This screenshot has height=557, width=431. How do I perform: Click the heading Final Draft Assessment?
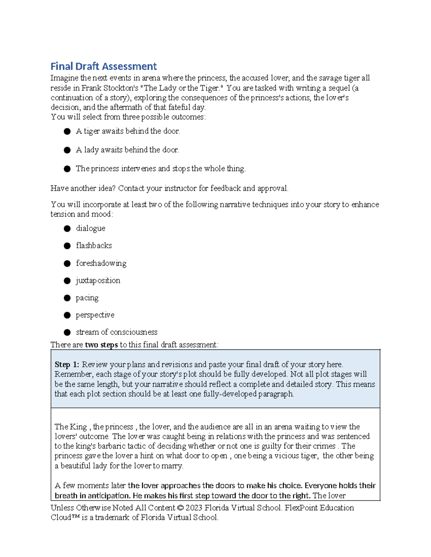(103, 66)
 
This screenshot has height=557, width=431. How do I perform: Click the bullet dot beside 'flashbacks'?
(67, 246)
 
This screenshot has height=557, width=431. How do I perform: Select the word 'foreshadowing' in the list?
(101, 263)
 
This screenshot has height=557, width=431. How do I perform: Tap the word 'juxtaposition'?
(98, 280)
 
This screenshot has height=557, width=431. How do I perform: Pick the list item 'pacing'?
(87, 298)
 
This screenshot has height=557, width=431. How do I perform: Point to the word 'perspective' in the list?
(95, 315)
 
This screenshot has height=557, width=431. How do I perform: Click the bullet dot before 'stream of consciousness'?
(67, 332)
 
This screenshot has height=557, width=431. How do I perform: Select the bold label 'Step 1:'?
(67, 364)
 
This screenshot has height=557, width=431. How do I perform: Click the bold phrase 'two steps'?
(101, 345)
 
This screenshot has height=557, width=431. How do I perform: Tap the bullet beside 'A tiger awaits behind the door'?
(67, 132)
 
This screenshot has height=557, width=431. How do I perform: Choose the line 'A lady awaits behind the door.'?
(127, 150)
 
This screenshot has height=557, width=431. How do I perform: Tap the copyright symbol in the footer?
(180, 508)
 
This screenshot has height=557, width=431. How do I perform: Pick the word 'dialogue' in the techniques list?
(91, 228)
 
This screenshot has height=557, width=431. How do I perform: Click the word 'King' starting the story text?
(78, 427)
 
